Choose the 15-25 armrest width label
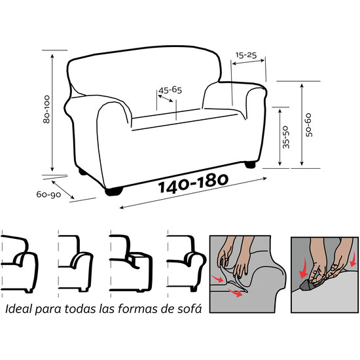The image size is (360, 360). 246,56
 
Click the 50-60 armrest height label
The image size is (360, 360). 308,123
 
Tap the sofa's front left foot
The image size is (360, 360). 115,191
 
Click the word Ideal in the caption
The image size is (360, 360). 18,308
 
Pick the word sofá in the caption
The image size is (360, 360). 185,308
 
